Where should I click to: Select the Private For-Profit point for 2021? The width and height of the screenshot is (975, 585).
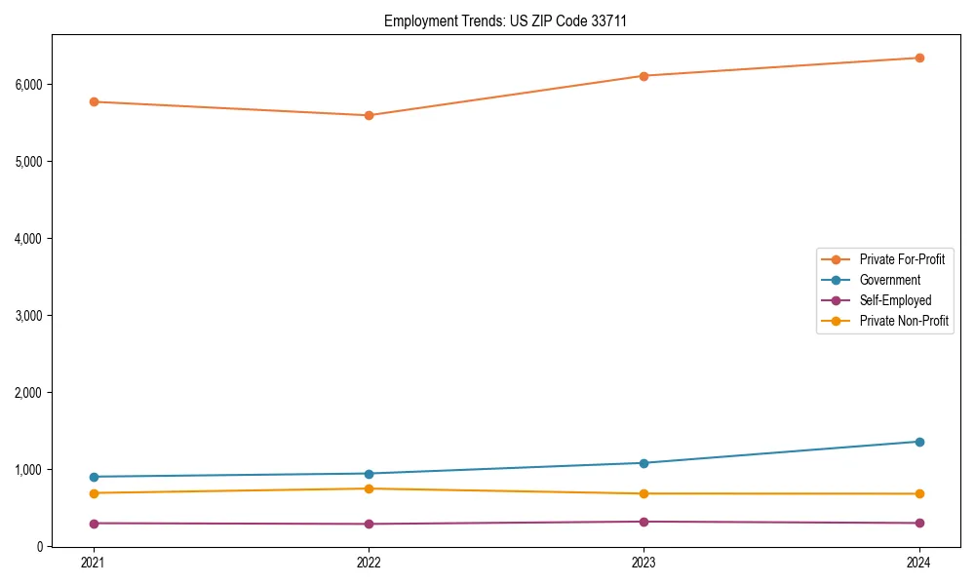(94, 101)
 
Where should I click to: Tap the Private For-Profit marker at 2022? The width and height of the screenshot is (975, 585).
(369, 115)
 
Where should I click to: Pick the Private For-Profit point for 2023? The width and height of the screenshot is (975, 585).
(644, 76)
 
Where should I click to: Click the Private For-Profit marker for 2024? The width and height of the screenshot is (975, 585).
(919, 58)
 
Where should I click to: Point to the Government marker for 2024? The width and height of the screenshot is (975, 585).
(919, 442)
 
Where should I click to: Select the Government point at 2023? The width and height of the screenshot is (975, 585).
(644, 463)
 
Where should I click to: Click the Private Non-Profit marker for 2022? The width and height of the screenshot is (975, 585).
(369, 488)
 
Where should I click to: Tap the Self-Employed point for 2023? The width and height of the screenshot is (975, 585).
(644, 522)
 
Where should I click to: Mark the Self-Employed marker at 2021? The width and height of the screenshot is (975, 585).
(94, 524)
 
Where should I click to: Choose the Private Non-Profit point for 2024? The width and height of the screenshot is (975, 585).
(919, 493)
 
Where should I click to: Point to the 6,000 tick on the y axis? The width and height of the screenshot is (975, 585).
(29, 85)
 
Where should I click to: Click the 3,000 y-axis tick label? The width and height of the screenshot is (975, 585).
(29, 316)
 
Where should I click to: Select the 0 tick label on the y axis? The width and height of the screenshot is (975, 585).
(40, 547)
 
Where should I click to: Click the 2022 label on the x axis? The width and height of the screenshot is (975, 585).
(369, 563)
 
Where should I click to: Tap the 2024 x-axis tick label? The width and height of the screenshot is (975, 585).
(919, 563)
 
